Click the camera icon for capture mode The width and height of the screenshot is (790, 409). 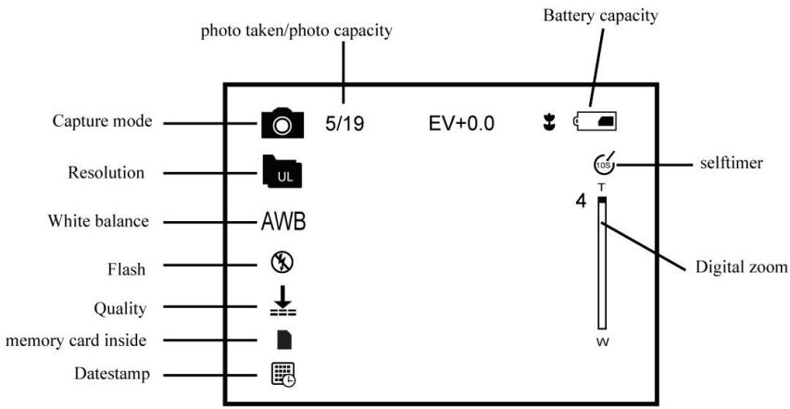pyautogui.click(x=282, y=123)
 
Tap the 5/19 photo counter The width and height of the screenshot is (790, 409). pyautogui.click(x=345, y=123)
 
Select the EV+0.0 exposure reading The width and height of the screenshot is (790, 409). pyautogui.click(x=461, y=123)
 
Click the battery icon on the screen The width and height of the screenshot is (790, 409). pyautogui.click(x=595, y=121)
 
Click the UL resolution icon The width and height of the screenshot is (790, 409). pyautogui.click(x=282, y=171)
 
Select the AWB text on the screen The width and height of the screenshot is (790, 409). pyautogui.click(x=283, y=222)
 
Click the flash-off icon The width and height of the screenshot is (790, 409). pyautogui.click(x=282, y=263)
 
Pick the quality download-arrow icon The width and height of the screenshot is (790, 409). pyautogui.click(x=283, y=301)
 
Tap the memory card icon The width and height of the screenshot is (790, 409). pyautogui.click(x=284, y=340)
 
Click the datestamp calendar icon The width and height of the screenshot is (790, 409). pyautogui.click(x=283, y=374)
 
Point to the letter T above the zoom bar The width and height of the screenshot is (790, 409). pyautogui.click(x=601, y=187)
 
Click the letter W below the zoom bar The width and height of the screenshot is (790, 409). pyautogui.click(x=603, y=342)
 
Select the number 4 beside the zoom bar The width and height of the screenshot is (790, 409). pyautogui.click(x=582, y=202)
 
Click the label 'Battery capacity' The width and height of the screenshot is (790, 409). pyautogui.click(x=600, y=16)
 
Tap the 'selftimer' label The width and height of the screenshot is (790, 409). pyautogui.click(x=731, y=163)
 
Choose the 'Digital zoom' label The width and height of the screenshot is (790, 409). pyautogui.click(x=741, y=266)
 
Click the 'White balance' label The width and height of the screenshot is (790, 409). pyautogui.click(x=98, y=221)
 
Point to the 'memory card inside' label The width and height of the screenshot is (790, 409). pyautogui.click(x=76, y=341)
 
